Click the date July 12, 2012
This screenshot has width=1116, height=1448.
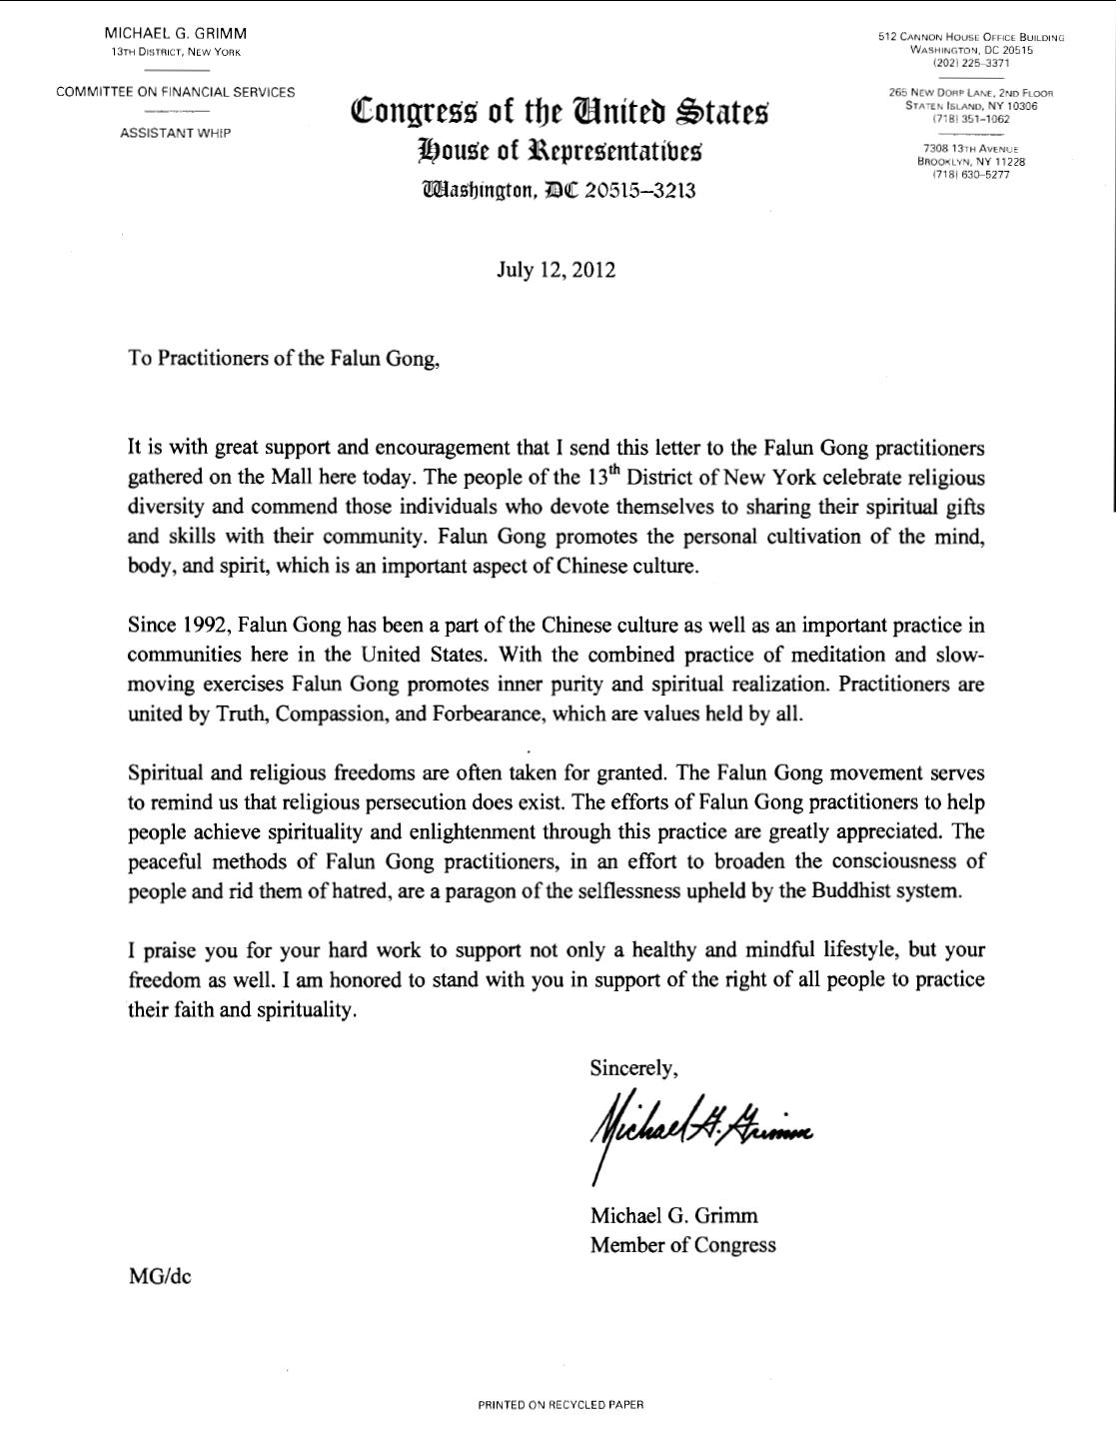[x=556, y=270]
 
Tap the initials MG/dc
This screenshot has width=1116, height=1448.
[x=159, y=1276]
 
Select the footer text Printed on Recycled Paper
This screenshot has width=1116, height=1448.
[x=560, y=1404]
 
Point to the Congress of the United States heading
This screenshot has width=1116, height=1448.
[x=559, y=110]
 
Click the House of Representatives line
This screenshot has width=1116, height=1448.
[x=559, y=151]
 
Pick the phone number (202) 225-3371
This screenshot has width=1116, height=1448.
[x=971, y=63]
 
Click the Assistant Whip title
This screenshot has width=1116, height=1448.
[x=175, y=133]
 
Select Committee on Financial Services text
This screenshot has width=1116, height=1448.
[x=176, y=92]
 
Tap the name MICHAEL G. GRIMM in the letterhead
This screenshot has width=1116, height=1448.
[x=176, y=34]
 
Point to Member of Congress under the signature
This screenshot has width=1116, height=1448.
[x=682, y=1244]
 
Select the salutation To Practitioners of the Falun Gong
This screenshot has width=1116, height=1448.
[x=284, y=359]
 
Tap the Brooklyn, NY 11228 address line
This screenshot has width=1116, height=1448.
[x=971, y=161]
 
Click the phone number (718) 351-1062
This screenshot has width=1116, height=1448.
[x=971, y=119]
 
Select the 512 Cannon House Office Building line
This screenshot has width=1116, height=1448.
[x=971, y=37]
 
